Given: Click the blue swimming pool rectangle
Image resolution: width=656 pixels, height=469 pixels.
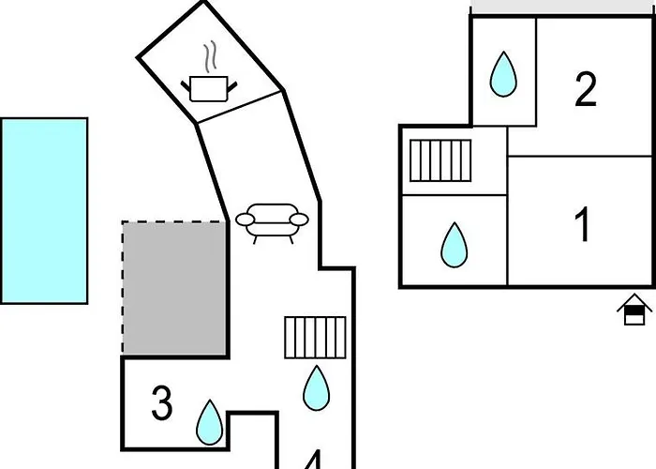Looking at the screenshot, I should point(44,210).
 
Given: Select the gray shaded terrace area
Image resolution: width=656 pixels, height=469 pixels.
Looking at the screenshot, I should point(175,288).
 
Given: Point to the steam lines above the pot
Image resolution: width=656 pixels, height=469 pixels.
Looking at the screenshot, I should point(213,56).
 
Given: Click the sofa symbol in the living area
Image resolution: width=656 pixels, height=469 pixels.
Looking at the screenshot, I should point(271,221).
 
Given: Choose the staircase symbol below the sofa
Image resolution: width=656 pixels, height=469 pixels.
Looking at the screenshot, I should point(315,337).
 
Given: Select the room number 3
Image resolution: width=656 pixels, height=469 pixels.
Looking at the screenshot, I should point(162,404).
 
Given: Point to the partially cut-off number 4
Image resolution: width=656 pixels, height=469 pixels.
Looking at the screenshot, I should point(313,460).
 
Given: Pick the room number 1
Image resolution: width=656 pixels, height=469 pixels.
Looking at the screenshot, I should point(583,225).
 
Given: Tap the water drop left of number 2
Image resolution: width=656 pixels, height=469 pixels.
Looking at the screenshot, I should point(503,73).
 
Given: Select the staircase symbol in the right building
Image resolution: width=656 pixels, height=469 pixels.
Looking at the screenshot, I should point(440,159).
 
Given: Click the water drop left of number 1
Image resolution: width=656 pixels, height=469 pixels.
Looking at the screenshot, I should point(455,244).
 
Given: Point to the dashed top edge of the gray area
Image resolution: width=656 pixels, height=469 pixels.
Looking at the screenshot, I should point(175,222).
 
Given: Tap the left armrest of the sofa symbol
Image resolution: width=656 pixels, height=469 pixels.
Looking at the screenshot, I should point(245,220).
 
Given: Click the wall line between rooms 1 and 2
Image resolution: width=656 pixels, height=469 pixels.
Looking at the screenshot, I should point(581,155).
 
